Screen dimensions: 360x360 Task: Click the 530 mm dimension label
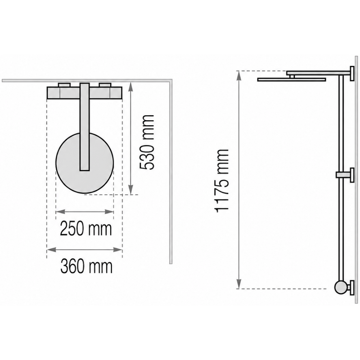(147, 142)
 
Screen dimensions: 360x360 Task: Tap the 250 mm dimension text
(86, 229)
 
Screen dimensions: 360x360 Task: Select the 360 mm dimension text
(86, 266)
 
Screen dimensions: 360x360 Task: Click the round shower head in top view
(85, 163)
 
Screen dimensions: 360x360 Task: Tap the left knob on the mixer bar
(64, 85)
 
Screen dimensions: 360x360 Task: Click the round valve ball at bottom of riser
(341, 287)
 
